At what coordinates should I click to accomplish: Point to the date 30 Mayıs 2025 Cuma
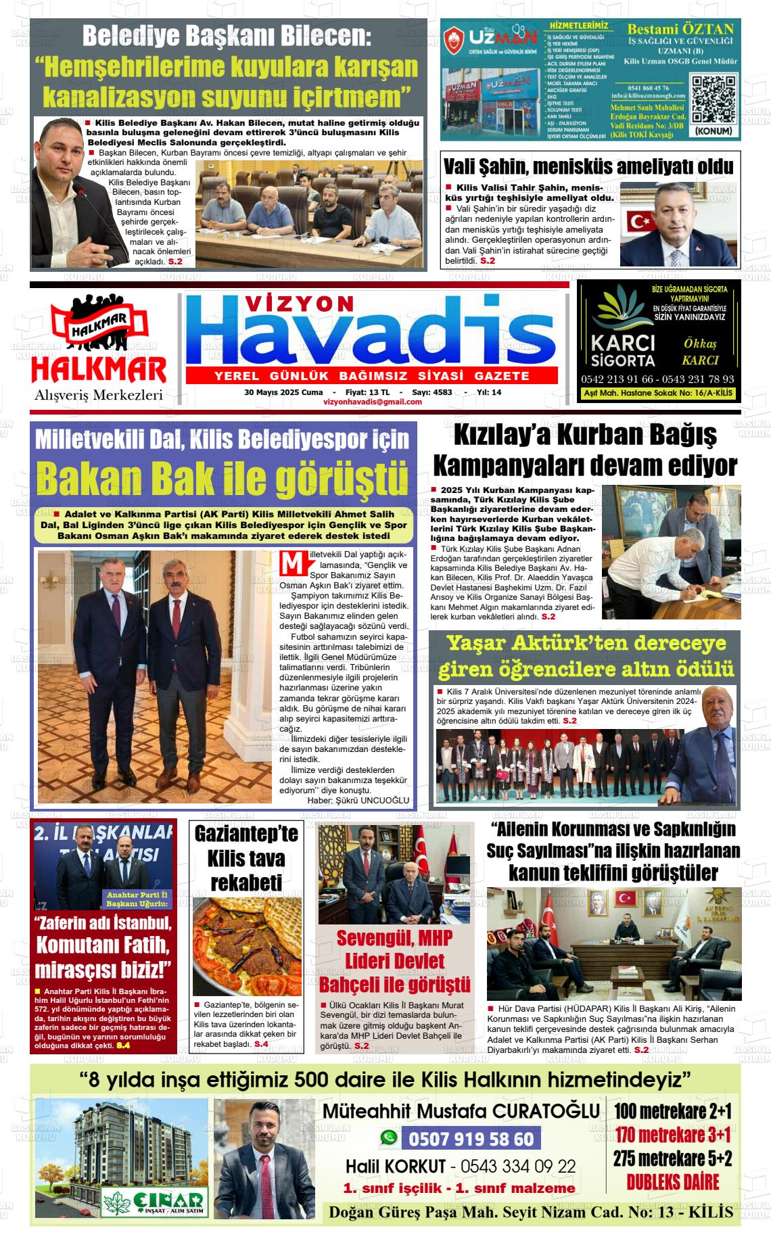(283, 392)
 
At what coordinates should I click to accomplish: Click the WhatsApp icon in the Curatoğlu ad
(388, 1138)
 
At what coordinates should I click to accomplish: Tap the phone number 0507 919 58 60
(471, 1140)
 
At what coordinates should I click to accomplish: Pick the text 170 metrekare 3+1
(673, 1134)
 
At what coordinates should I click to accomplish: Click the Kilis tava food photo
(247, 946)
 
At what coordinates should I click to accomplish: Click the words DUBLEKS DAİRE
(672, 1182)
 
